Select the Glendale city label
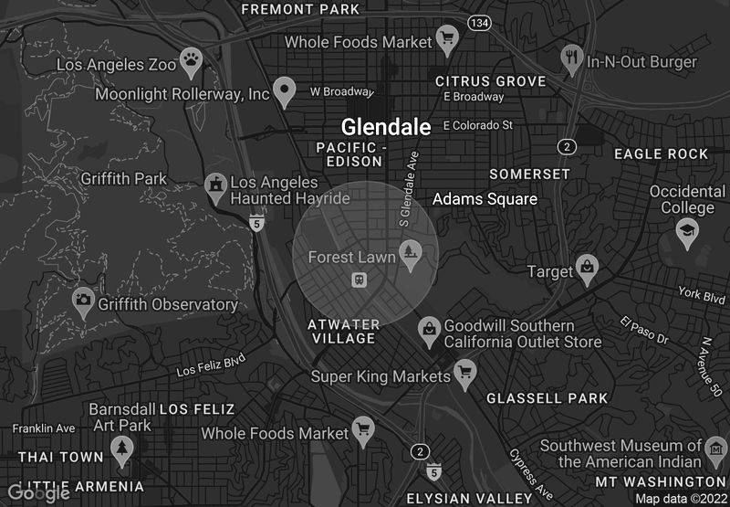tap(385, 127)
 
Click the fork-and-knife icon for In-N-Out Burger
tap(572, 58)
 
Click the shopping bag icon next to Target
tap(589, 269)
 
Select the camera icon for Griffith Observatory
tap(84, 301)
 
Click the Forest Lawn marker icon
tap(411, 259)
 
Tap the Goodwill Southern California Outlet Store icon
tap(429, 331)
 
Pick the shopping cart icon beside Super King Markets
tap(466, 374)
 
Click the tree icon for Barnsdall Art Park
tap(121, 449)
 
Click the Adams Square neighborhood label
tap(485, 198)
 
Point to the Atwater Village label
tap(342, 331)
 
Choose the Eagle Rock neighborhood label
tap(661, 153)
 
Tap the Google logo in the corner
tap(39, 493)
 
